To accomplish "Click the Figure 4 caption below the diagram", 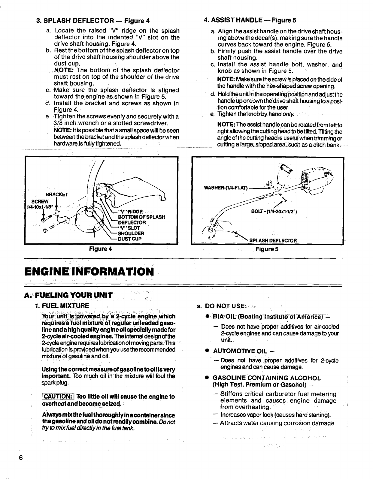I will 102,249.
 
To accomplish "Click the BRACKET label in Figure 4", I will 57,194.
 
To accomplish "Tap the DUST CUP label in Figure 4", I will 130,239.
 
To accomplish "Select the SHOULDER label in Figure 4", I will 131,233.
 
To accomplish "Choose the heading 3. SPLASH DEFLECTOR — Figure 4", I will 93,21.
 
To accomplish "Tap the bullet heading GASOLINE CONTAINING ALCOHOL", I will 267,378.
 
